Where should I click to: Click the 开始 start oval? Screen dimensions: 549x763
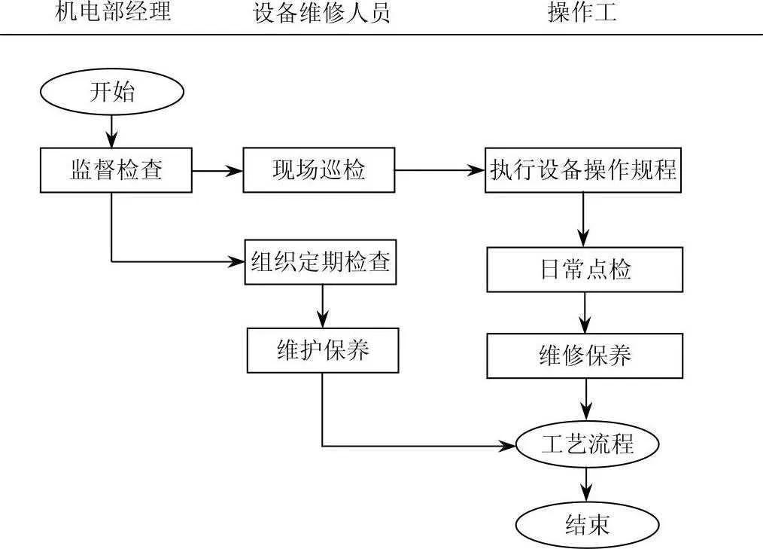[112, 93]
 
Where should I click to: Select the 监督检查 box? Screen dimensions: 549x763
[116, 170]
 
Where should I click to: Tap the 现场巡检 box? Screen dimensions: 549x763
[318, 170]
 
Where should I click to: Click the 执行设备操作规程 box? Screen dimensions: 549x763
[583, 170]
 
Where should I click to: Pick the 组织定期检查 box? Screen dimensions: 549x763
[321, 262]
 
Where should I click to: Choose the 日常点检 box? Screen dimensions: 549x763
[585, 270]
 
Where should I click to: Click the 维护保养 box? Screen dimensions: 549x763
[323, 350]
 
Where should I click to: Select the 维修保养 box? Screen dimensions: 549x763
[585, 355]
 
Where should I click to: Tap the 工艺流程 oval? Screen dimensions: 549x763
[587, 444]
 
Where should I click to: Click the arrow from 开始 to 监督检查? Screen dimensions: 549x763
[112, 130]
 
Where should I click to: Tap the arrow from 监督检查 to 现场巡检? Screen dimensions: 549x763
[217, 170]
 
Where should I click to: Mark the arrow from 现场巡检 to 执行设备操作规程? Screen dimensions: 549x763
[439, 170]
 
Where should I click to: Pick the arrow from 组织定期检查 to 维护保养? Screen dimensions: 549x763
[322, 305]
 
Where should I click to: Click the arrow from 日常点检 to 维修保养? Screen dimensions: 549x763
[585, 313]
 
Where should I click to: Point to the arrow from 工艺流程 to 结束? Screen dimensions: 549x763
[587, 485]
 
